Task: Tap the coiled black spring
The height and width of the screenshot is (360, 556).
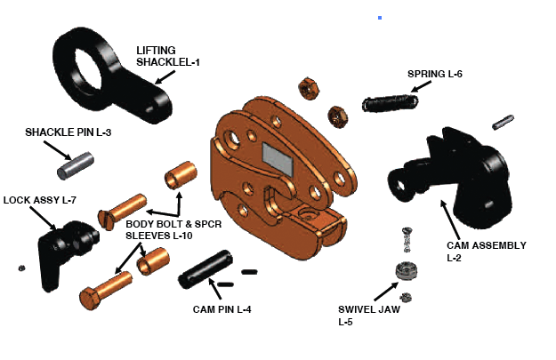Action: click(x=390, y=103)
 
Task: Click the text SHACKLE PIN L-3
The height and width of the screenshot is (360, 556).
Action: click(x=67, y=132)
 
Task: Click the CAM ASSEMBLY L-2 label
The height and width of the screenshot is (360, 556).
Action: click(x=486, y=251)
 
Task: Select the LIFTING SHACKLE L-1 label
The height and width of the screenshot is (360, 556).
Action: click(x=168, y=55)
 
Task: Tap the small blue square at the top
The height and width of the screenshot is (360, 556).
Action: click(x=380, y=17)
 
